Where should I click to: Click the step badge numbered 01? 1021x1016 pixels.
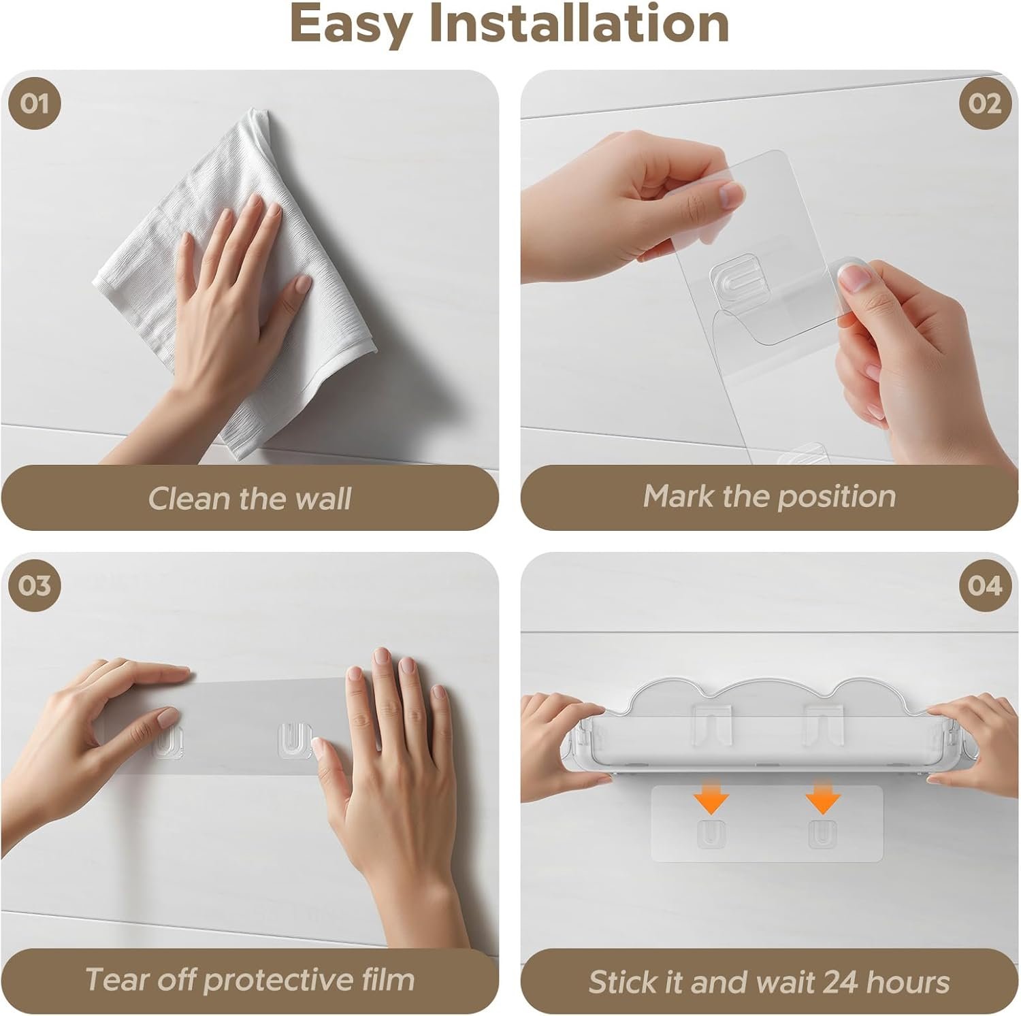35,104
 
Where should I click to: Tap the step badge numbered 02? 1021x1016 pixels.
985,104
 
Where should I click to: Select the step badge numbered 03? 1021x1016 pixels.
35,585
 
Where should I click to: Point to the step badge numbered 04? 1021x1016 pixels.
985,585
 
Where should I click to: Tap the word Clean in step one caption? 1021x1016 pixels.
191,498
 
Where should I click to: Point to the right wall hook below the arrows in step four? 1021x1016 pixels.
822,834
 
